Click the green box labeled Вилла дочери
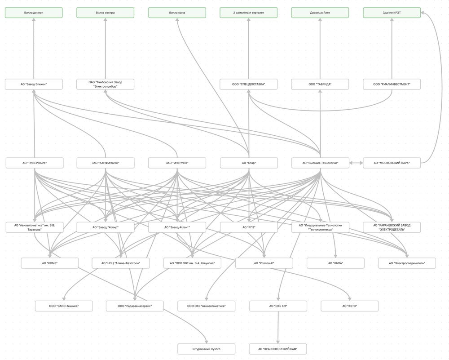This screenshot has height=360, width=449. pos(34,13)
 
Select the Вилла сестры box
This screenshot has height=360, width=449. pos(105,13)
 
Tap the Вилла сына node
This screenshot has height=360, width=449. pos(177,13)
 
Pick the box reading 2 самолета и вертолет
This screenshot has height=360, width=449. pos(248,13)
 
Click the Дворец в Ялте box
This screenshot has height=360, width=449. pos(320,13)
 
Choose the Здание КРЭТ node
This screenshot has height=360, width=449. pos(392,13)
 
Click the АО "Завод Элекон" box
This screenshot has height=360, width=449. pos(34,84)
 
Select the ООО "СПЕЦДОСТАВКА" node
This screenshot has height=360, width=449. pos(248,84)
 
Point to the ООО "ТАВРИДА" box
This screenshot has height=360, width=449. pos(320,84)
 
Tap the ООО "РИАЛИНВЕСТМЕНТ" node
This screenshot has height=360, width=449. pos(392,84)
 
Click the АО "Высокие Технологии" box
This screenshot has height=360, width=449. pos(320,163)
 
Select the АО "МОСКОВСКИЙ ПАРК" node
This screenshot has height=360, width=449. pos(392,163)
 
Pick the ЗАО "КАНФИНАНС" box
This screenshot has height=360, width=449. pos(105,163)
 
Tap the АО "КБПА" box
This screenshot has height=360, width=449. pos(335,263)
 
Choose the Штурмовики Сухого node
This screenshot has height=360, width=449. pos(206,349)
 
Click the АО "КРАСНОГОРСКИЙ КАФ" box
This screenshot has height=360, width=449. pos(278,349)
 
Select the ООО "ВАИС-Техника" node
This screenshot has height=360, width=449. pos(64,306)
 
